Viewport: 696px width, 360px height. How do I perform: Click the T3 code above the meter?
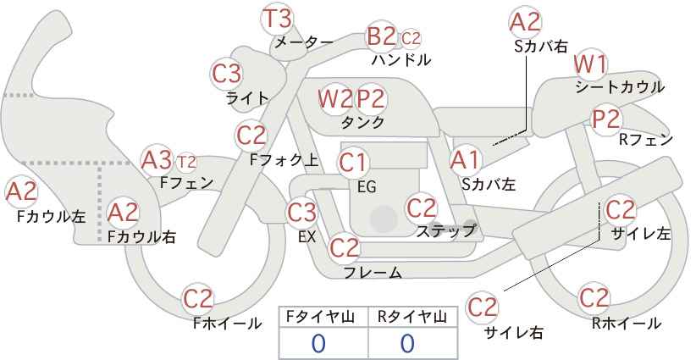[x=278, y=19]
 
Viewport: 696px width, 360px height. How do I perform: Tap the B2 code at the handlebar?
[x=381, y=36]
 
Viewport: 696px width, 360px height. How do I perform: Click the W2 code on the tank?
[x=336, y=99]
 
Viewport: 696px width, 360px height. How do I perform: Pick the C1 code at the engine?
[x=353, y=163]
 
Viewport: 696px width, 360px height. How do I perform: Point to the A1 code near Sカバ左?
[x=465, y=160]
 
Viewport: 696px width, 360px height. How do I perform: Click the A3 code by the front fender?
[x=157, y=160]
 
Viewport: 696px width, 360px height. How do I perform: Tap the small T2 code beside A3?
[x=186, y=163]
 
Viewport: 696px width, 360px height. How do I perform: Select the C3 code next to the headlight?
[x=227, y=74]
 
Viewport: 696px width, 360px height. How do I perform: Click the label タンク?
[x=362, y=122]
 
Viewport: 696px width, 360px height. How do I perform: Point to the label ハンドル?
[x=401, y=59]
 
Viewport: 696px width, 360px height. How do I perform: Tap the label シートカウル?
[x=620, y=87]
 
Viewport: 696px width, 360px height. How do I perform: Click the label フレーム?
[x=373, y=273]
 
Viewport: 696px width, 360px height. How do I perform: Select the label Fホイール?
[x=227, y=324]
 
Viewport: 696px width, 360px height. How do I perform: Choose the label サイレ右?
[x=514, y=333]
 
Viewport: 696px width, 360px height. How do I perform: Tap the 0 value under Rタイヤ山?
[x=407, y=344]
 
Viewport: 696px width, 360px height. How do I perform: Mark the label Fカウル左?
[x=52, y=216]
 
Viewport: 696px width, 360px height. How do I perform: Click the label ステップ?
[x=445, y=231]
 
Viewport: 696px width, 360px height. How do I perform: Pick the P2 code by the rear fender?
[x=606, y=119]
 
